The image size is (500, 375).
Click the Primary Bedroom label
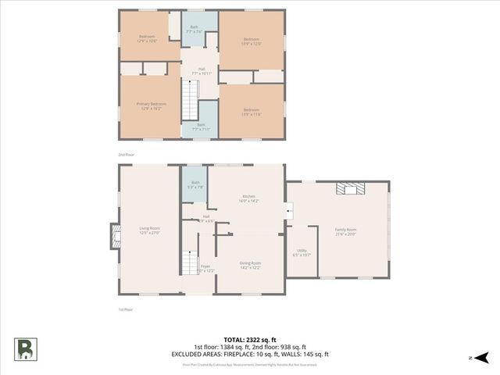coord(152,105)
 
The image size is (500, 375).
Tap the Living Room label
coord(149,230)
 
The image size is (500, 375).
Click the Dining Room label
coord(250,265)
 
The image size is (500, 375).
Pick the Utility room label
coord(302,253)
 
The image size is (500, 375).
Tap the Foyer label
coord(205,268)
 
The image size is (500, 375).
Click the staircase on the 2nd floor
coord(191,99)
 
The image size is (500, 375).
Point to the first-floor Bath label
coord(195,185)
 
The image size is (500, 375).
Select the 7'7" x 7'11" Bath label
coord(201,127)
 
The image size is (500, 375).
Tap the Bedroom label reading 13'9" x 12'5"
coord(251,41)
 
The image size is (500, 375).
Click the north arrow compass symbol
coord(482,357)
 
